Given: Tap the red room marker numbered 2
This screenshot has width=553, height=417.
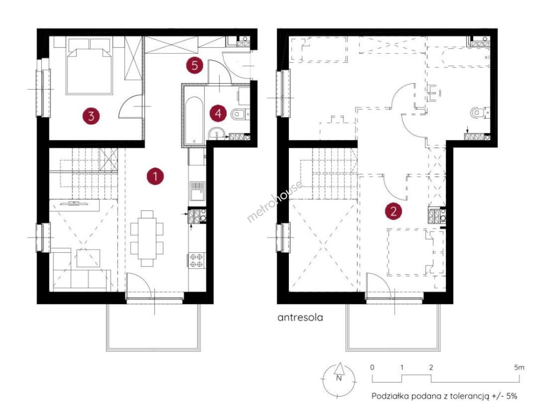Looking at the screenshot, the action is coord(393,211).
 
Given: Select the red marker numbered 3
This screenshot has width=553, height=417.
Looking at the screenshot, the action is coord(91,116).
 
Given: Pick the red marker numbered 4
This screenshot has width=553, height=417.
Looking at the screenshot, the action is coord(218,113).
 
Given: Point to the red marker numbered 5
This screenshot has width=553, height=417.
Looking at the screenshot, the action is coord(194,65).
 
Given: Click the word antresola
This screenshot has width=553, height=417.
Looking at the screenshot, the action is coord(300,317).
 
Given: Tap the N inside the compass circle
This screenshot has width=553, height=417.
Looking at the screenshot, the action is coord(339,378).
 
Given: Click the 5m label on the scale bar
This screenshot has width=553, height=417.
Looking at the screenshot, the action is coord(519,368).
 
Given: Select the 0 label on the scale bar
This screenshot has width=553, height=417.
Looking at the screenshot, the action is coord(372,367).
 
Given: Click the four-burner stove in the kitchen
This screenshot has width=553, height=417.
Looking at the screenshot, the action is coord(197,260).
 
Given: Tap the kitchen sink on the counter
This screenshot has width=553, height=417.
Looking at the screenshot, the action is coord(197,191).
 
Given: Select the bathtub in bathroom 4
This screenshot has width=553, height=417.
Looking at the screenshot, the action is coord(194,120).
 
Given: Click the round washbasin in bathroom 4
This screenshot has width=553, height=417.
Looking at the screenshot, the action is coord(217,134).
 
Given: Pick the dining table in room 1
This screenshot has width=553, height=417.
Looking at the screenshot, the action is coord(147,238).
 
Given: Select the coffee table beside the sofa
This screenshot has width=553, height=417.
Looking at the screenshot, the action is coord(88,258).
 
